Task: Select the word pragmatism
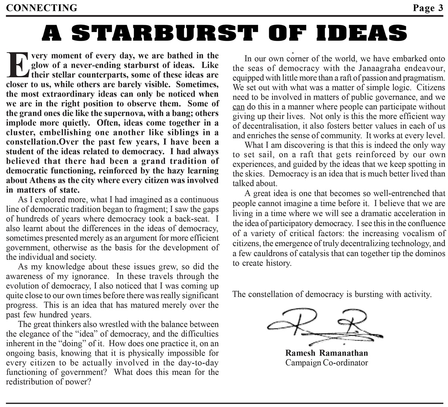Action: coord(421,78)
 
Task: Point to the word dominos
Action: coord(429,253)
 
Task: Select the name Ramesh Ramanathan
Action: coord(327,353)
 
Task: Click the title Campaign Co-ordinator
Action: coord(327,363)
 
